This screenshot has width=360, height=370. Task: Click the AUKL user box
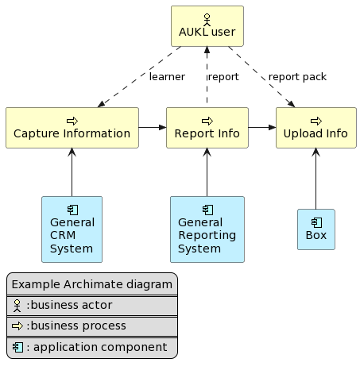207,26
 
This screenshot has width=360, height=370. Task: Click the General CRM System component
72,229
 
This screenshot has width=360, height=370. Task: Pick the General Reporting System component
207,229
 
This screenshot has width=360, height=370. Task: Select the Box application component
315,229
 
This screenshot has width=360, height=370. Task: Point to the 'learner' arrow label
167,77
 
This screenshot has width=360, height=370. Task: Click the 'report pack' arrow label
297,77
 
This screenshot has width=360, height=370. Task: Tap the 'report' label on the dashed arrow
223,77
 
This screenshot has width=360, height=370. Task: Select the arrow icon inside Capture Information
72,120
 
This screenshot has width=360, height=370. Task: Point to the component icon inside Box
315,222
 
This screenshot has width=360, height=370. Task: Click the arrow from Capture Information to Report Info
153,127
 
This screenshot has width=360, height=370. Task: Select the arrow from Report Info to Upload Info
261,127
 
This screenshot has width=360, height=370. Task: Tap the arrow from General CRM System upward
72,172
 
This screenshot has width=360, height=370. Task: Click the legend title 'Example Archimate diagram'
91,285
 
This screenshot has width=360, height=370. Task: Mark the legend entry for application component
91,347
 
